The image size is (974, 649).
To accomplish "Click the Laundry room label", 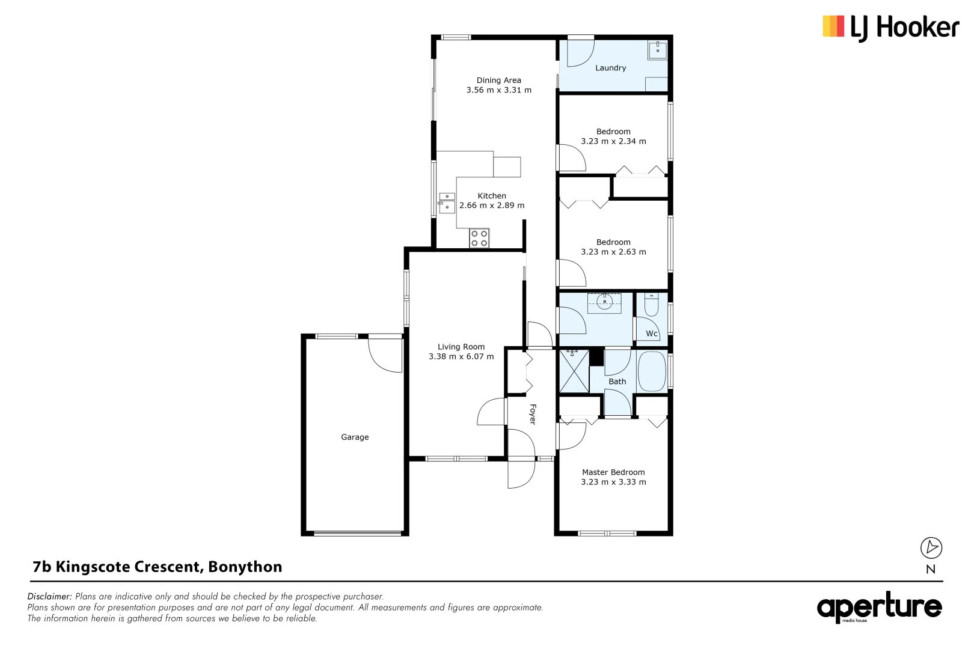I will point(610,68).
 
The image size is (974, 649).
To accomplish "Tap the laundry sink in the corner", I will point(657,50).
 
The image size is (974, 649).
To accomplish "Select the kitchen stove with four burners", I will point(479,239).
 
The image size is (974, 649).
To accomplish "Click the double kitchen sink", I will point(447,203).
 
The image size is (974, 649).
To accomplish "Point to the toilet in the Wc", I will point(651,305).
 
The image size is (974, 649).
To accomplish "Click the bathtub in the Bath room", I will point(651,371).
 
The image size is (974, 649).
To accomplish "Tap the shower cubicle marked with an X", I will point(574,371).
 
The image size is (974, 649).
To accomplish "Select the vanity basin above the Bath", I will point(604,302).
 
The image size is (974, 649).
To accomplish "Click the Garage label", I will point(355,437).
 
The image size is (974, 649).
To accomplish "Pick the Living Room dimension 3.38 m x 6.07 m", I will point(461,356).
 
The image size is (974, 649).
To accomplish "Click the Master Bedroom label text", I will point(613,472).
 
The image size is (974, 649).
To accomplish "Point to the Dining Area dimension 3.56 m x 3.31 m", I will point(498,90).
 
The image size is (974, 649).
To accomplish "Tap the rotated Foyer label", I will point(532,414).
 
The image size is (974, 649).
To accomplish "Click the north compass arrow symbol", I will point(931,547).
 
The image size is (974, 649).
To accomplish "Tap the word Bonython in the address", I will point(245,567).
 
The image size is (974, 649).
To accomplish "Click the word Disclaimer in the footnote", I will point(49,597).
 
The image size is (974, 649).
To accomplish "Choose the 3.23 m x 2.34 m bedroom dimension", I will point(613,141).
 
